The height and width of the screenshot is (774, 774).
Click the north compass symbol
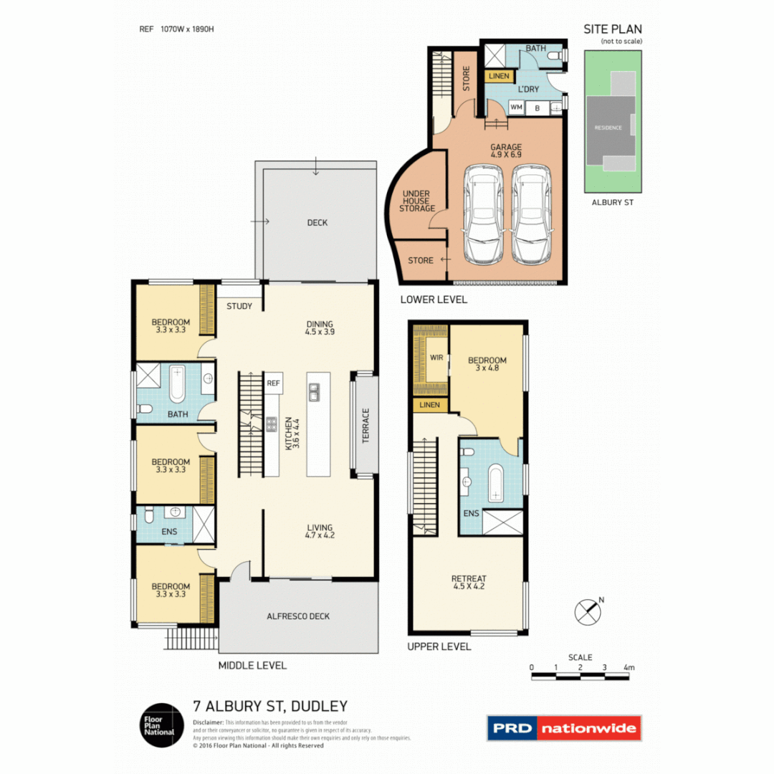pos(587,610)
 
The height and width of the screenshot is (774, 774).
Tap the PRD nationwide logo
pos(564,728)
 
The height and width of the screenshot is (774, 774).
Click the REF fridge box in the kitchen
pos(273,383)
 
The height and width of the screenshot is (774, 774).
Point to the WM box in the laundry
pos(515,107)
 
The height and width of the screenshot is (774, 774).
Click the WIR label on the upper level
pos(435,356)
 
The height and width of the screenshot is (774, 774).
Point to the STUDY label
pos(239,307)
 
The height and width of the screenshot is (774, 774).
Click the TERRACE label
pos(365,427)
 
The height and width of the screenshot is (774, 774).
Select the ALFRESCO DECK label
pos(298,616)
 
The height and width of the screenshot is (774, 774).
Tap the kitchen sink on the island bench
pos(314,391)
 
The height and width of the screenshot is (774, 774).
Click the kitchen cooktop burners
pos(272,424)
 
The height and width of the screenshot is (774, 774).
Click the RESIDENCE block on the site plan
pos(607,128)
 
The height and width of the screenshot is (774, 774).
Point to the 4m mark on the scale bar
pos(629,667)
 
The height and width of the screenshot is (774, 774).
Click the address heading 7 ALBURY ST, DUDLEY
pos(270,705)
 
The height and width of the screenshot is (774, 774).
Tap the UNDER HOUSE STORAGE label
pos(419,201)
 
